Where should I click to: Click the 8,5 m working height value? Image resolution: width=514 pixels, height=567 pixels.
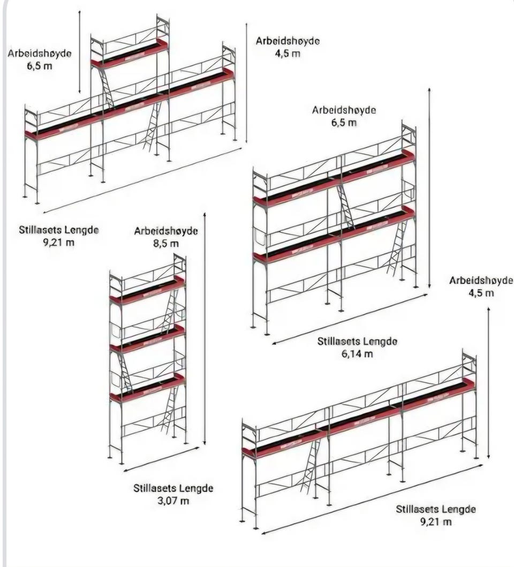click(x=166, y=244)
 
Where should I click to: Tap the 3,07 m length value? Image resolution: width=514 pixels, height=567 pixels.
click(x=173, y=501)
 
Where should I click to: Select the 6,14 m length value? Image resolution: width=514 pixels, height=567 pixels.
click(x=357, y=354)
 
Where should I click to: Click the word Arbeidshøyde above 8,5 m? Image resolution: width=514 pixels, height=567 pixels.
click(x=166, y=231)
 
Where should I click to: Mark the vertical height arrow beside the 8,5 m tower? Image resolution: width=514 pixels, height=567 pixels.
click(x=205, y=329)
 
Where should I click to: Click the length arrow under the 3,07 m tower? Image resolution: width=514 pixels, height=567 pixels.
click(x=161, y=459)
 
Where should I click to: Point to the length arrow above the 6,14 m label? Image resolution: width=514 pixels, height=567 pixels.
click(x=350, y=319)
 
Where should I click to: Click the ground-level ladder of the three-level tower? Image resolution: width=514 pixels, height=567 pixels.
click(x=169, y=411)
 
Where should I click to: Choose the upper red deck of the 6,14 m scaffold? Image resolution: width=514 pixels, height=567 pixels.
click(x=334, y=178)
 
